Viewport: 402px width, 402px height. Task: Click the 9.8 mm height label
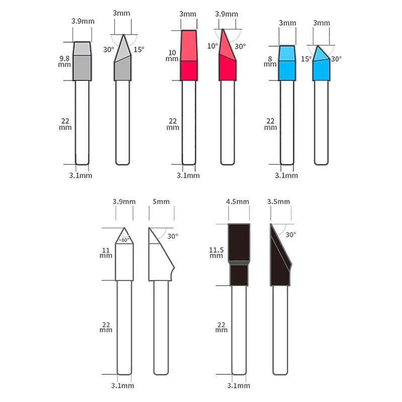(x=64, y=61)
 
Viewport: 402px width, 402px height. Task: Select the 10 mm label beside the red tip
(x=172, y=56)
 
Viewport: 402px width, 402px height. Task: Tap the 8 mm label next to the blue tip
(x=270, y=61)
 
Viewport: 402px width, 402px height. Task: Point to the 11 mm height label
(x=106, y=253)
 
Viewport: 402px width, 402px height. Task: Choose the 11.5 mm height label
(x=216, y=253)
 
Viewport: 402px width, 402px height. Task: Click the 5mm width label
(x=161, y=202)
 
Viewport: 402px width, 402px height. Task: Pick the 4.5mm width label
(x=237, y=202)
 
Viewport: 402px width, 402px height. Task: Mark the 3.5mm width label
(x=278, y=202)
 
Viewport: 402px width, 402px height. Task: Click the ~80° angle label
(x=124, y=240)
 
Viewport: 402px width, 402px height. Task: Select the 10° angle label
(x=213, y=46)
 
